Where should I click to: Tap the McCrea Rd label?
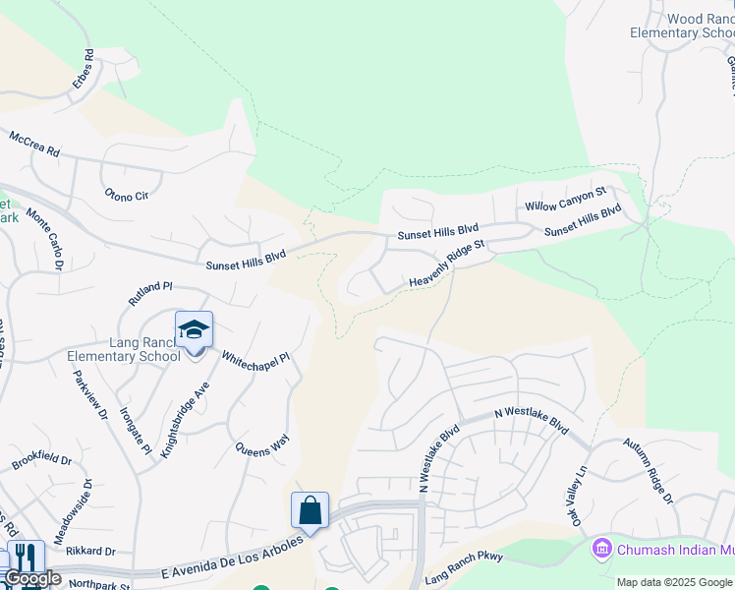coord(34,145)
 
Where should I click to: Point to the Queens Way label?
coord(262,458)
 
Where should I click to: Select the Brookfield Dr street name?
coord(42,460)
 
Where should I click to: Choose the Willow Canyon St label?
coord(566,200)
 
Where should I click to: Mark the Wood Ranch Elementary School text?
coord(681,26)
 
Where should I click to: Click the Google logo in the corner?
coord(32,578)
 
